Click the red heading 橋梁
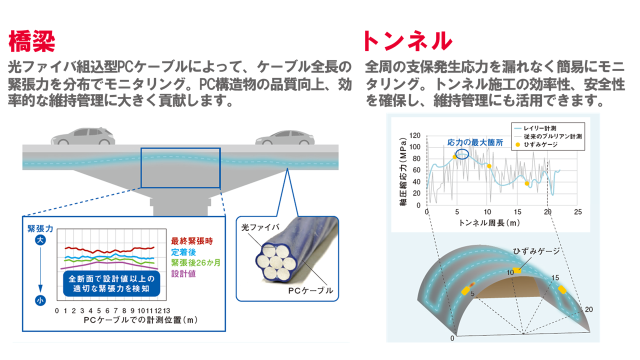(x=31, y=41)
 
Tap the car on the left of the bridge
(x=83, y=136)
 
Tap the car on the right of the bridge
(x=285, y=137)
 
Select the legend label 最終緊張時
(x=192, y=241)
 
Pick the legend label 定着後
(x=183, y=252)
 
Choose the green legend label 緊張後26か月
(x=195, y=263)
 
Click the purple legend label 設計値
(x=183, y=273)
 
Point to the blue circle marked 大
(x=40, y=240)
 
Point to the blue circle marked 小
(x=40, y=300)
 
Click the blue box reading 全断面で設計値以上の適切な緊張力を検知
(x=111, y=283)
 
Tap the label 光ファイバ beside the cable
(x=260, y=227)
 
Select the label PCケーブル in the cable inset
(x=310, y=290)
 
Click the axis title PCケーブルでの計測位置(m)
(x=140, y=320)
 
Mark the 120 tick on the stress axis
(x=414, y=135)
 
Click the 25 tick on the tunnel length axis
(x=577, y=212)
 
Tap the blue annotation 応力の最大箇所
(x=475, y=142)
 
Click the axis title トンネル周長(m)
(x=489, y=223)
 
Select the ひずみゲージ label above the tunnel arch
(x=536, y=251)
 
